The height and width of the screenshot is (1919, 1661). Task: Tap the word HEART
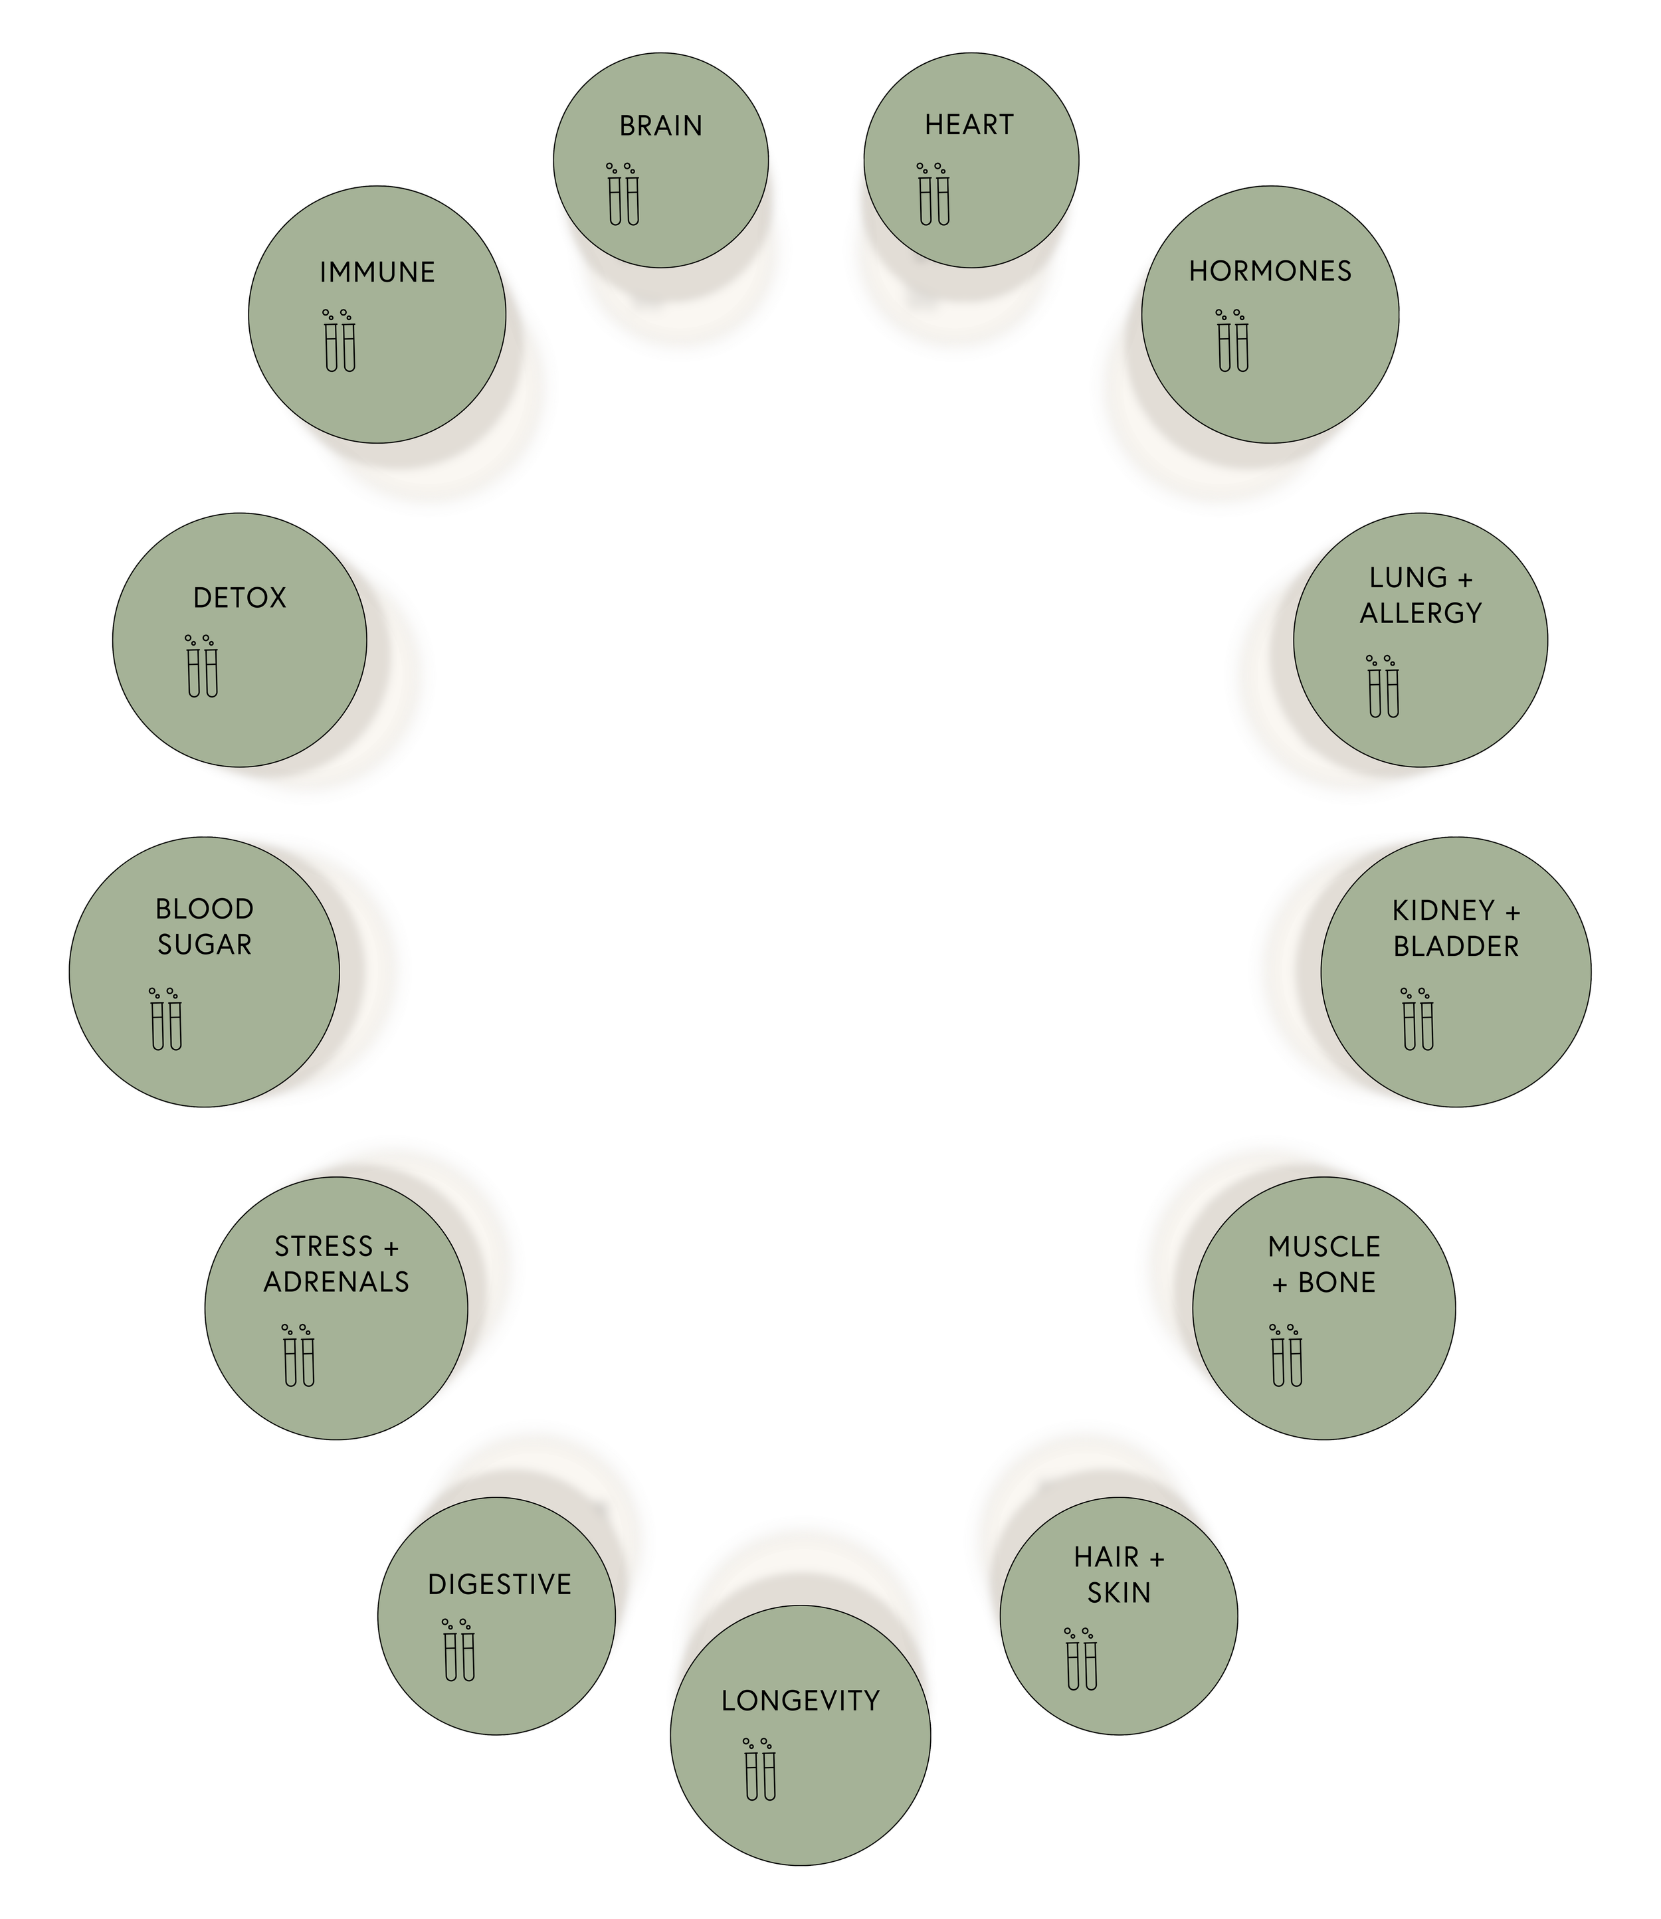969,125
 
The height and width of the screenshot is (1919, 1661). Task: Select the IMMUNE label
377,272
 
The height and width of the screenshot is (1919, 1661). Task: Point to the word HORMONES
1270,272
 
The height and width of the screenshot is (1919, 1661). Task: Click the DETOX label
239,598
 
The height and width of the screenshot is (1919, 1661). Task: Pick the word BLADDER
1456,947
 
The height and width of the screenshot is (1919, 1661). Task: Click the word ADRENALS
336,1283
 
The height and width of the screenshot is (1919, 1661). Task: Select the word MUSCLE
1323,1247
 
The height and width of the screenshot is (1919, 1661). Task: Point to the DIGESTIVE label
499,1584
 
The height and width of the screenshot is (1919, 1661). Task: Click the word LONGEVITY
800,1700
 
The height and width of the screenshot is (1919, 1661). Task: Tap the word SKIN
1119,1593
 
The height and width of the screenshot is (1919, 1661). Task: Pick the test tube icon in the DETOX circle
201,666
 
